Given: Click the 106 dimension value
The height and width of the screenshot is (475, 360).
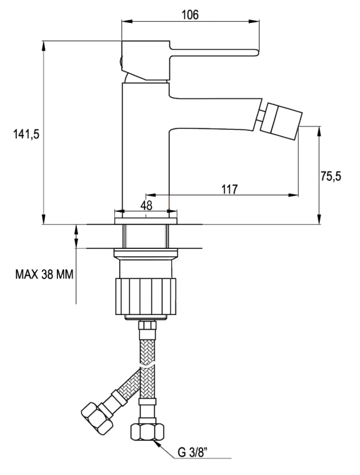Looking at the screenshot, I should click(x=190, y=15).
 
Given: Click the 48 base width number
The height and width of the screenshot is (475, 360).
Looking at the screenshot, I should click(x=146, y=205).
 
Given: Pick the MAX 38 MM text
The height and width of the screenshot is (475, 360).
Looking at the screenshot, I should click(x=44, y=275).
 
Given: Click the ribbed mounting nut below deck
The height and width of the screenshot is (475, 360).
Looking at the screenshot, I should click(x=144, y=296).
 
